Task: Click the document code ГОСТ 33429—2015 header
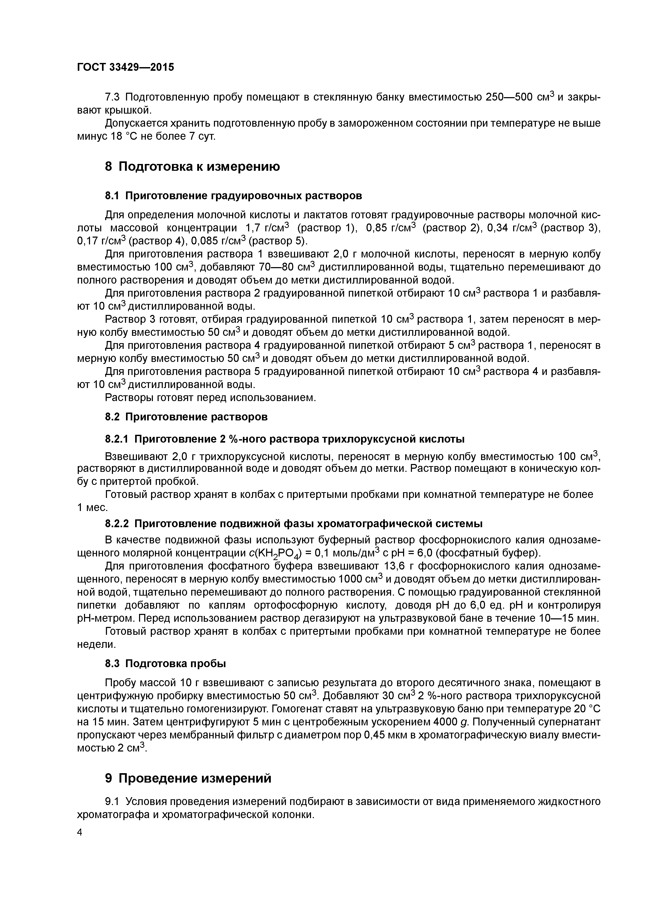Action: tap(125, 67)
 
